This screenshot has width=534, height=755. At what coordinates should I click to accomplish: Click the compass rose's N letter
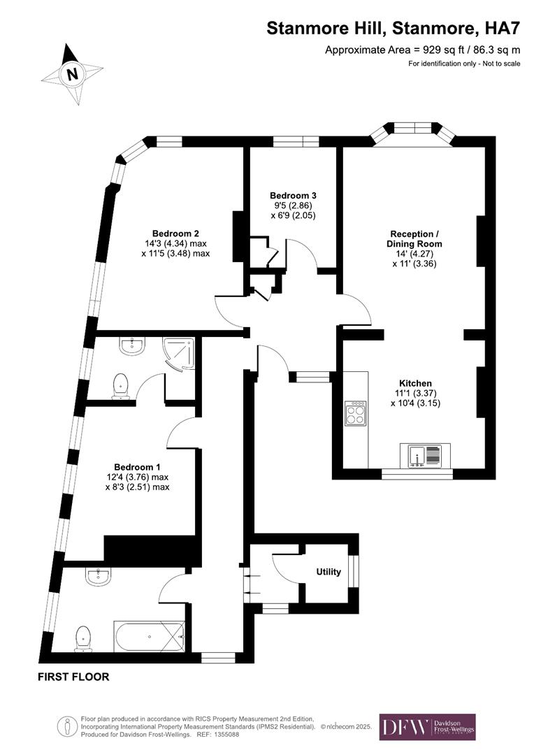coord(71,73)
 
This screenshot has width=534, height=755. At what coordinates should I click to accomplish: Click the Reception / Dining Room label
coord(414,238)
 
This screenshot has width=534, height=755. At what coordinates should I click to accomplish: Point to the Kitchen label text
coord(415,383)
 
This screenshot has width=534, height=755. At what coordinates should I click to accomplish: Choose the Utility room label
coord(329,572)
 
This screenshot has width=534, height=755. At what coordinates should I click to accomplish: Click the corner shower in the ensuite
coord(178,352)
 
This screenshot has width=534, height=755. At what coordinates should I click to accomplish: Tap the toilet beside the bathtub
coord(84,637)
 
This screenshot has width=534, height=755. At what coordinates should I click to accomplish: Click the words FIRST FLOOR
coord(74,677)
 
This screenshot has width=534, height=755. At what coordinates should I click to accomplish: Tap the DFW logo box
coord(427,727)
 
